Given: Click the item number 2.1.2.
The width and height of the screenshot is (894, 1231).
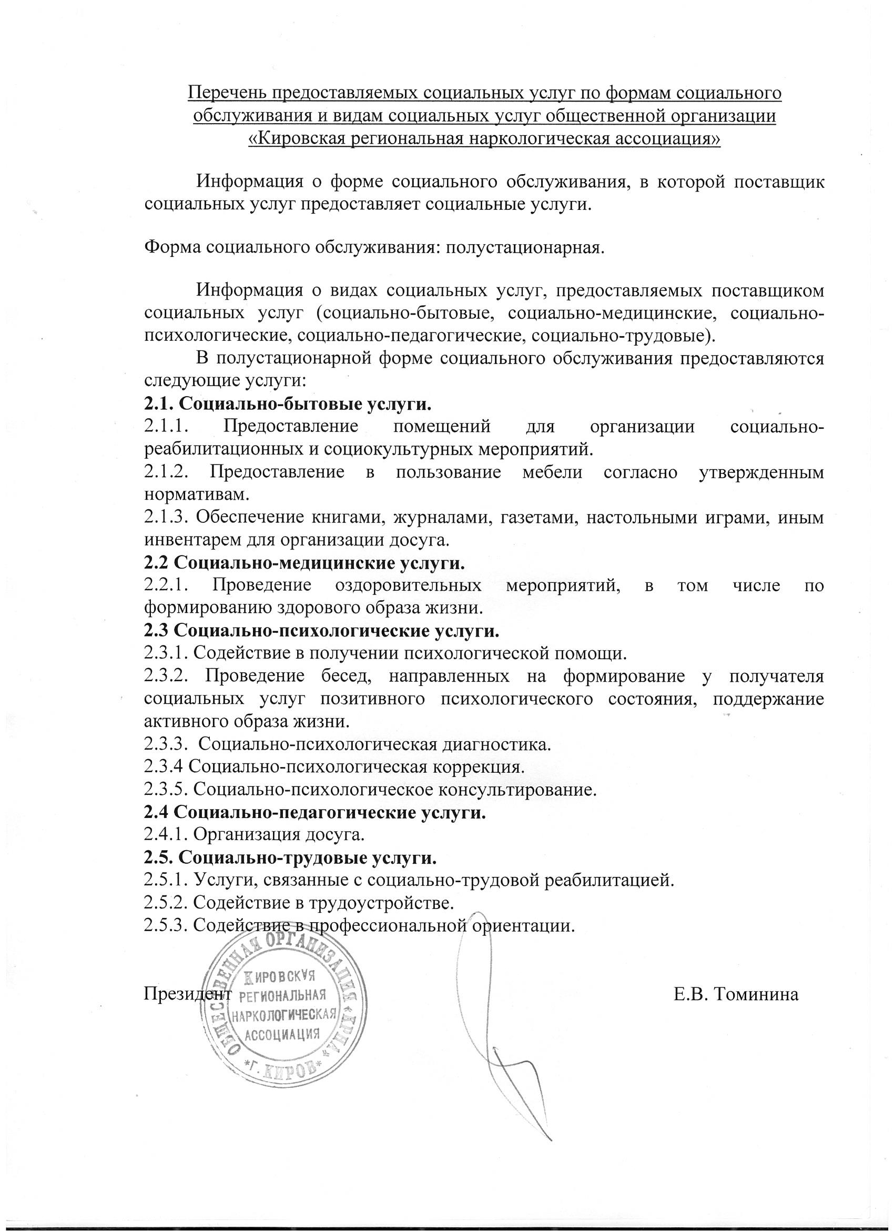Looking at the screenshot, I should point(167,472).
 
